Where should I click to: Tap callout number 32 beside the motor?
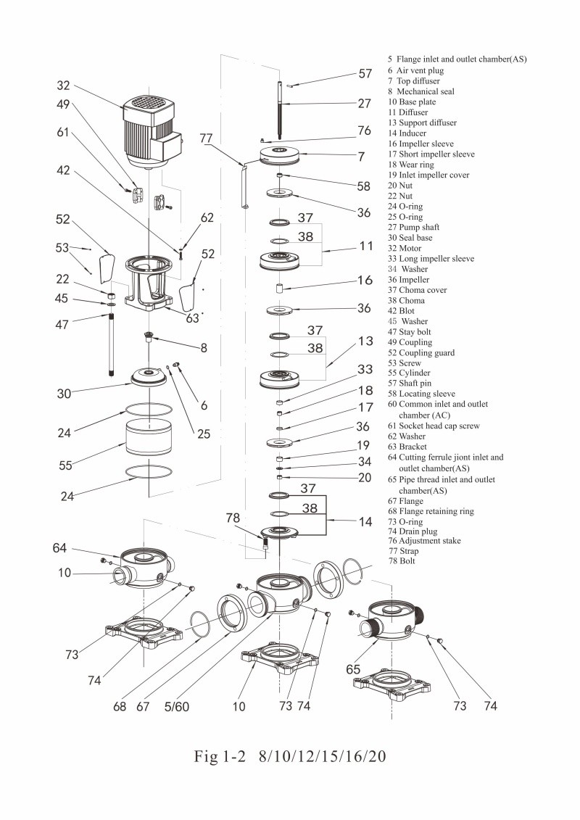(64, 85)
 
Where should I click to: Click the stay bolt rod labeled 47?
(113, 341)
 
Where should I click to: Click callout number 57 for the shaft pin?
(365, 73)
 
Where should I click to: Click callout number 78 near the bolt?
(232, 518)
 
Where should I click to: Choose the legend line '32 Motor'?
(409, 248)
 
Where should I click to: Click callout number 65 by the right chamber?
(353, 669)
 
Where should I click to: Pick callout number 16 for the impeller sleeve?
(365, 280)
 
